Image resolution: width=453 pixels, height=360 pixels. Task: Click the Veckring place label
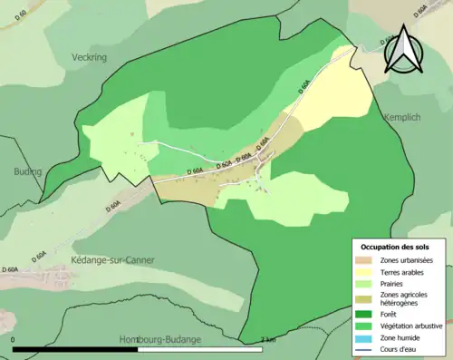89,56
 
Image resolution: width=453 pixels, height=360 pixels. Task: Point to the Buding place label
27,170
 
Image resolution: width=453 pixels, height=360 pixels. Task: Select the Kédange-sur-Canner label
112,260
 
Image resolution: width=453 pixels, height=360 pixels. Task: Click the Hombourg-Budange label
160,339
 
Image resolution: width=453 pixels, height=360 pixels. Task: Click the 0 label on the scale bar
14,339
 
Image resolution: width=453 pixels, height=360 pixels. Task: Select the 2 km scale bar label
267,339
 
